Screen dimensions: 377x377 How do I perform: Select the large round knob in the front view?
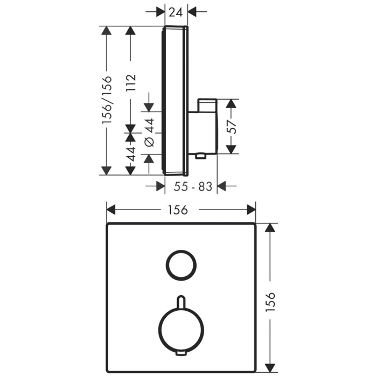181,328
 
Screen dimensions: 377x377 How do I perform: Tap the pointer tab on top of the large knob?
181,300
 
